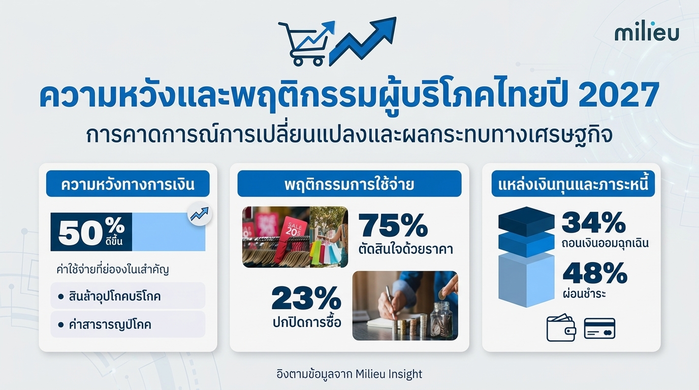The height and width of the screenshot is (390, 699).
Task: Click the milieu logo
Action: pos(647,34)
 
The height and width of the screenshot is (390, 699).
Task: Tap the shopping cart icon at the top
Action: pos(306,44)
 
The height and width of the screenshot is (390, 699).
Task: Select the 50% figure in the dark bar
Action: pos(91,232)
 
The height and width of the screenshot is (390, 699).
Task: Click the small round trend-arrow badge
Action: pos(200,214)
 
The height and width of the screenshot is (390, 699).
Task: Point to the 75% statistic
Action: pos(393,225)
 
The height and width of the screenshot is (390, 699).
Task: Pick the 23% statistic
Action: pos(306,299)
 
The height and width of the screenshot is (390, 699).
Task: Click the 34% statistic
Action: pos(593,222)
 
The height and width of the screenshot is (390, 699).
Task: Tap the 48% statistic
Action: pos(595,273)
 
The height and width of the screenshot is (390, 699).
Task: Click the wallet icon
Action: pos(561,328)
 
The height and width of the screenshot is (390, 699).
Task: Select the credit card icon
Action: pos(599,328)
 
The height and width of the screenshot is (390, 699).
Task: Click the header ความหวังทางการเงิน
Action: pos(128,184)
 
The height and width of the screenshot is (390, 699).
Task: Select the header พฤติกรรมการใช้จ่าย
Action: pos(349,184)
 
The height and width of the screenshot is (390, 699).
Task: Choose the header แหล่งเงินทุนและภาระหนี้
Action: pos(573,184)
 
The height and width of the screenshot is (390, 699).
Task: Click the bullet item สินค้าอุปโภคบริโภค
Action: pos(114,296)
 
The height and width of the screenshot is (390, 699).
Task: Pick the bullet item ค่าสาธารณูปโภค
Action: pos(110,324)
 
